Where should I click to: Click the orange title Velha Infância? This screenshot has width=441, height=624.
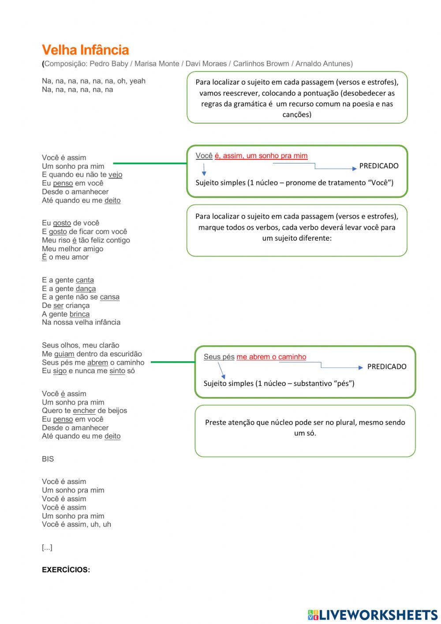[85, 50]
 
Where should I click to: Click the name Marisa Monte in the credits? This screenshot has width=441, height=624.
[157, 64]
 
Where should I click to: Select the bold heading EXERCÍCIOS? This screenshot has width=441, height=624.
[66, 570]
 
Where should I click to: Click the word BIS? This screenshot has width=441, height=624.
[48, 459]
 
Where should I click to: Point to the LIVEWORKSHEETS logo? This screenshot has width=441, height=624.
[373, 614]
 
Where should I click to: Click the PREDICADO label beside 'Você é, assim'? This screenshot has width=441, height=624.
[378, 166]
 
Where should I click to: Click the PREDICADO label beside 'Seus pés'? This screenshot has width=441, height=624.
[386, 367]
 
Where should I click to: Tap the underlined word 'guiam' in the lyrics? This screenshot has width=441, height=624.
[64, 354]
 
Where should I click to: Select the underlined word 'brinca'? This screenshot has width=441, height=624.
[79, 314]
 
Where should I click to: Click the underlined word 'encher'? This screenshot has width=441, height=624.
[84, 411]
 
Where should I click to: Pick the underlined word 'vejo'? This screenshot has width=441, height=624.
[115, 174]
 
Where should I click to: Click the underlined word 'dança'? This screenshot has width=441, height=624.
[86, 288]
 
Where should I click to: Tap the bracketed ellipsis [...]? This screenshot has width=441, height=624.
[47, 548]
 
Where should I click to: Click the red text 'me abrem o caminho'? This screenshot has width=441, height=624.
[271, 357]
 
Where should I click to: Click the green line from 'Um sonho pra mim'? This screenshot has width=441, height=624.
[150, 163]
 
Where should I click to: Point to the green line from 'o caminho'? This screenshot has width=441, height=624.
[173, 362]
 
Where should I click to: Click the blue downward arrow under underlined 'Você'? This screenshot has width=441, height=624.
[204, 170]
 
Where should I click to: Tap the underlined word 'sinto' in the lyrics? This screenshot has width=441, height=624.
[117, 371]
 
